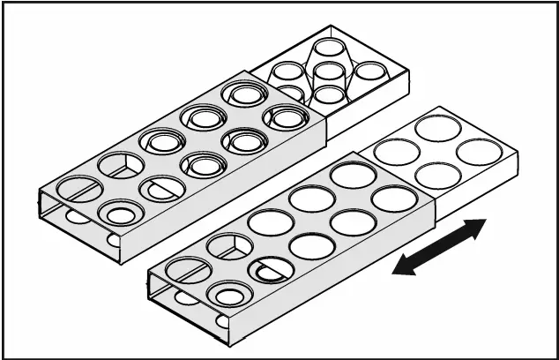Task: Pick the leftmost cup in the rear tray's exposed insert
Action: (287, 71)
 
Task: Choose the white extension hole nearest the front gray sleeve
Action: (396, 152)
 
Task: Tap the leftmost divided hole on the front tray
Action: (189, 269)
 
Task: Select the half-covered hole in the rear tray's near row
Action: (163, 188)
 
